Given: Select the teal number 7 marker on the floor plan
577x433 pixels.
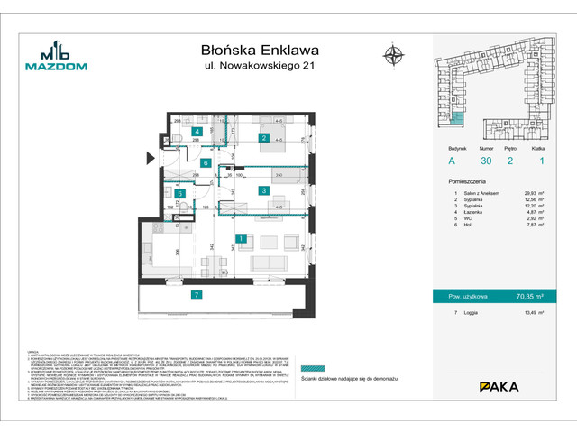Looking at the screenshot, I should (x=196, y=295).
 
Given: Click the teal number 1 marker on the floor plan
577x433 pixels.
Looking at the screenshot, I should (x=242, y=239).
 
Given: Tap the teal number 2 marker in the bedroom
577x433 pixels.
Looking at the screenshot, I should (x=263, y=138).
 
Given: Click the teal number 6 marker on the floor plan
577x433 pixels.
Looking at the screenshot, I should (x=206, y=163).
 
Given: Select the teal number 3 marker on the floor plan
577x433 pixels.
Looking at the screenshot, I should (x=262, y=190).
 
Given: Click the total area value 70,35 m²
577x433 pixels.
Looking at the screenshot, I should (x=530, y=294).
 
